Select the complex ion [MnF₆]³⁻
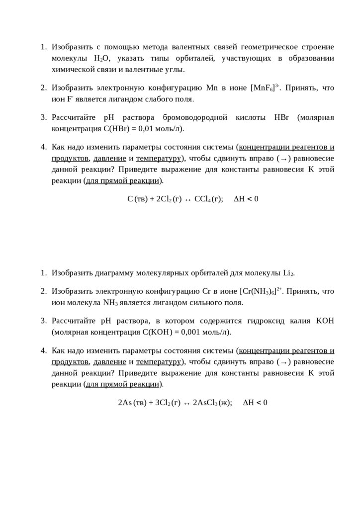coord(266,88)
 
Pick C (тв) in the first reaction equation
coord(137,199)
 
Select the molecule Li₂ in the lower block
coord(288,273)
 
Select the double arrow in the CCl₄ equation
coord(185,199)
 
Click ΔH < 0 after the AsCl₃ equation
coord(255,403)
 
